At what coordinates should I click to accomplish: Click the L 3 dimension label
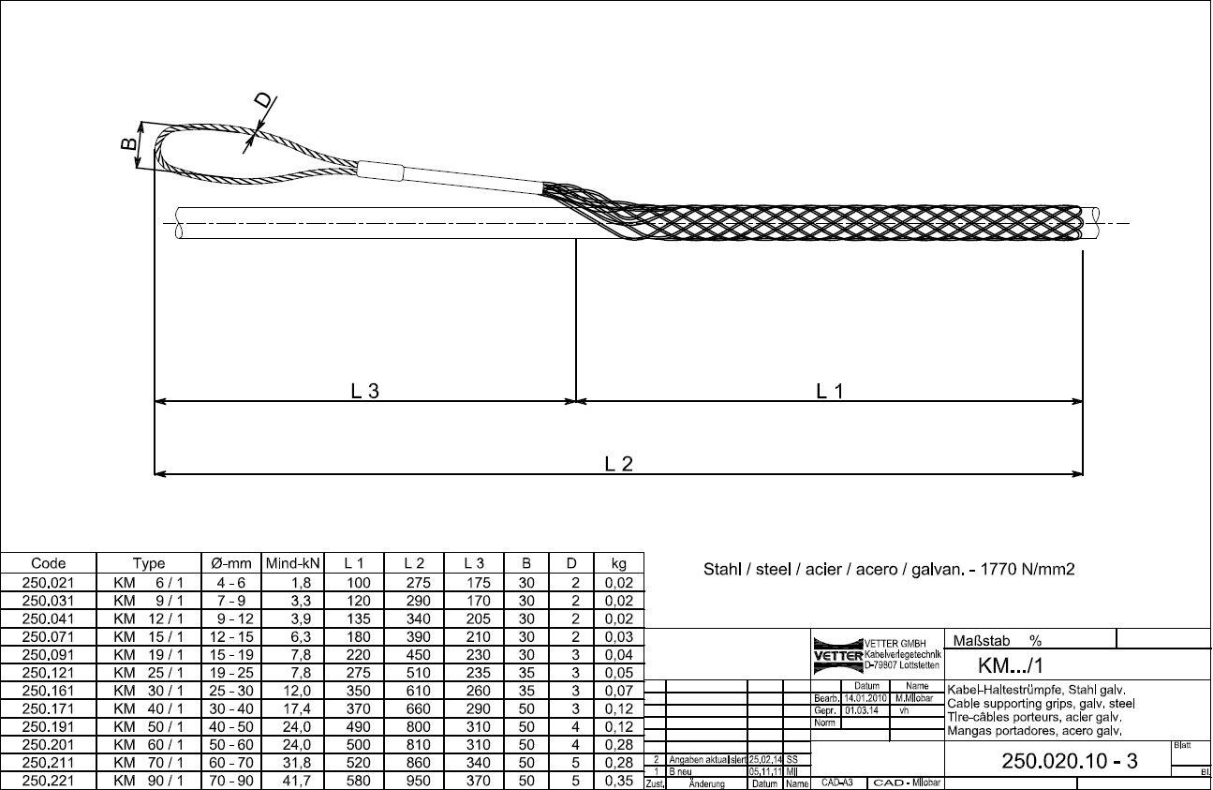tap(364, 392)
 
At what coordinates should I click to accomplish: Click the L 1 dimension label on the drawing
tap(830, 392)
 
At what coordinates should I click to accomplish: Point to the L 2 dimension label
tap(618, 463)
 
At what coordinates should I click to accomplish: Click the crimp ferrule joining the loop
tap(380, 171)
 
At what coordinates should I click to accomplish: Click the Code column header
tap(49, 563)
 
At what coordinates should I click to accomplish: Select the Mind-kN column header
tap(293, 563)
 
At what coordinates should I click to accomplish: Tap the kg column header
tap(618, 563)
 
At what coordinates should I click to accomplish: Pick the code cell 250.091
tap(49, 654)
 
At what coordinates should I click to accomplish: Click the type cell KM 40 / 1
tap(149, 708)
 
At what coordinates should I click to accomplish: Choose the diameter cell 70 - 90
tap(230, 781)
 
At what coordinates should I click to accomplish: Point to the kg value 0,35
tap(619, 781)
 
